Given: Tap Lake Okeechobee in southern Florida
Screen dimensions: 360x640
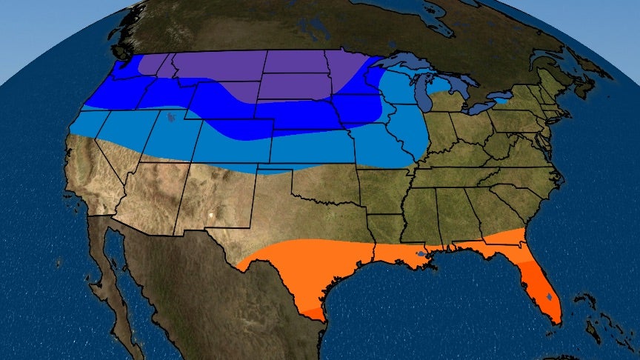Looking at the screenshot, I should coord(549,296).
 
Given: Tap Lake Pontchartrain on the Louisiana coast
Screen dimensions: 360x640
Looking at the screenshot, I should coord(421,256).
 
